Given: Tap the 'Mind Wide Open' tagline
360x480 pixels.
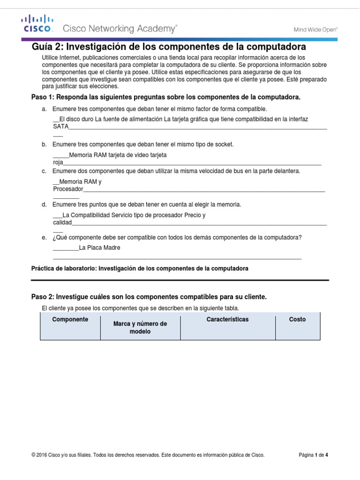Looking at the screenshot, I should pyautogui.click(x=315, y=29).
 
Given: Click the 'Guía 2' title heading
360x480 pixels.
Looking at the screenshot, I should pyautogui.click(x=169, y=47).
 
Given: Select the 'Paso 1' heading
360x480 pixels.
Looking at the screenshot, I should pyautogui.click(x=165, y=97).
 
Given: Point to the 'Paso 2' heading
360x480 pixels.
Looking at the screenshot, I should pyautogui.click(x=149, y=297).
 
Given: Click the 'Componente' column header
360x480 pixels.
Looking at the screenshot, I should pyautogui.click(x=70, y=319).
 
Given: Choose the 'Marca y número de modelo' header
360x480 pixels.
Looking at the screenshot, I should pyautogui.click(x=140, y=327).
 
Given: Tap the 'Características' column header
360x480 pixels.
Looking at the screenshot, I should pyautogui.click(x=227, y=319).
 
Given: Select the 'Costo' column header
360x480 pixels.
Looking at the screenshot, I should pyautogui.click(x=297, y=319).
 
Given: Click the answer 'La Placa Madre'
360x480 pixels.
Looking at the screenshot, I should pyautogui.click(x=100, y=247).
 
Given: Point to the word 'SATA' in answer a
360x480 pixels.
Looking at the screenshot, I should pyautogui.click(x=61, y=127).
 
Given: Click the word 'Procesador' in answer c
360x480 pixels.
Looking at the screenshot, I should pyautogui.click(x=68, y=189).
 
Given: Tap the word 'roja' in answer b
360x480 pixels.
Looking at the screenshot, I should pyautogui.click(x=58, y=162).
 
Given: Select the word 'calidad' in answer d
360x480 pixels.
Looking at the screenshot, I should pyautogui.click(x=62, y=223).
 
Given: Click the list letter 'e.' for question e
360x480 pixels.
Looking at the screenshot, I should pyautogui.click(x=44, y=238).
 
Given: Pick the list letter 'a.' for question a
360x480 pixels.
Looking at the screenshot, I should pyautogui.click(x=44, y=109).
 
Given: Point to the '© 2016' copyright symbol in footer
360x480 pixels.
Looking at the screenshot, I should pyautogui.click(x=33, y=455).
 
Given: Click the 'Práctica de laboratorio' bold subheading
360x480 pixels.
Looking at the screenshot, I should pyautogui.click(x=140, y=269).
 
